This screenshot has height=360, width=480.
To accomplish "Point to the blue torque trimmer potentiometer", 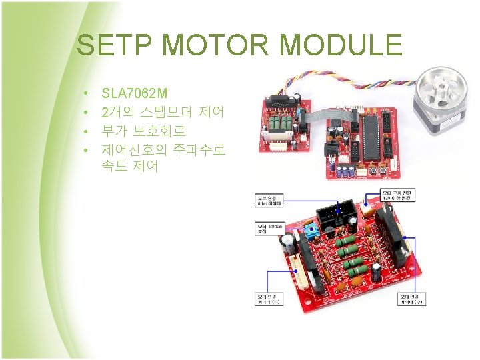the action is point(311,231).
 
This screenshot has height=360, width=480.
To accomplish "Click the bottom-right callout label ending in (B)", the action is point(411,299).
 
